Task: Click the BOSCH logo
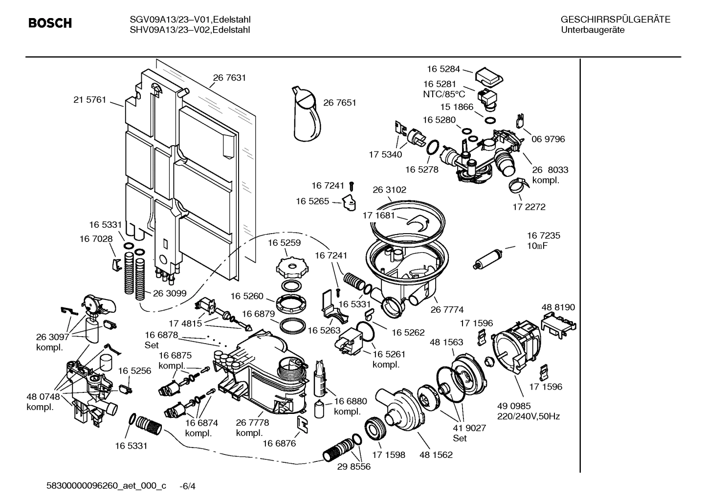(50, 23)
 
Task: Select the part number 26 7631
(229, 78)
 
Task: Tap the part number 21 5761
(89, 100)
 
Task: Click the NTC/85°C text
(444, 94)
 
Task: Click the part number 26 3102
(389, 190)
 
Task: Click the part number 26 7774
(447, 309)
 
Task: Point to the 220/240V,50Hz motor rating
(529, 416)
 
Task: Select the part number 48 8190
(558, 307)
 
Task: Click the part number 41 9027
(469, 428)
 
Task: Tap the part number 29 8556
(354, 466)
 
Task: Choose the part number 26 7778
(252, 423)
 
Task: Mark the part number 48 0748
(43, 397)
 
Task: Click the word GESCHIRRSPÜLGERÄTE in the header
(615, 20)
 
